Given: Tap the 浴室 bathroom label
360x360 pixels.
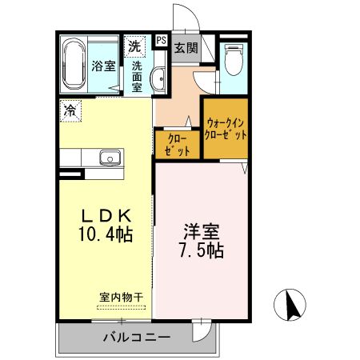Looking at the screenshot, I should coord(102,66).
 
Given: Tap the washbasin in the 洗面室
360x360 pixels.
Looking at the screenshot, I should coord(158,80).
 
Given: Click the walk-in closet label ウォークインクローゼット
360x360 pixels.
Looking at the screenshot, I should coord(226,129).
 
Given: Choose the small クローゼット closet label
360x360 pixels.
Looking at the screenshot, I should coord(177,144).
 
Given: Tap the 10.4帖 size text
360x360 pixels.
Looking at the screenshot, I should coord(103,235).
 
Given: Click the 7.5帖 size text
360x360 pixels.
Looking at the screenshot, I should coord(200,250).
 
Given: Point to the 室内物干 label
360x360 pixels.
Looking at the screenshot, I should coord(121,297).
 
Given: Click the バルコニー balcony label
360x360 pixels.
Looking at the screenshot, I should coord(136,337).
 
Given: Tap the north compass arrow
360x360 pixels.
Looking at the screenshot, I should coord(292,304).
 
